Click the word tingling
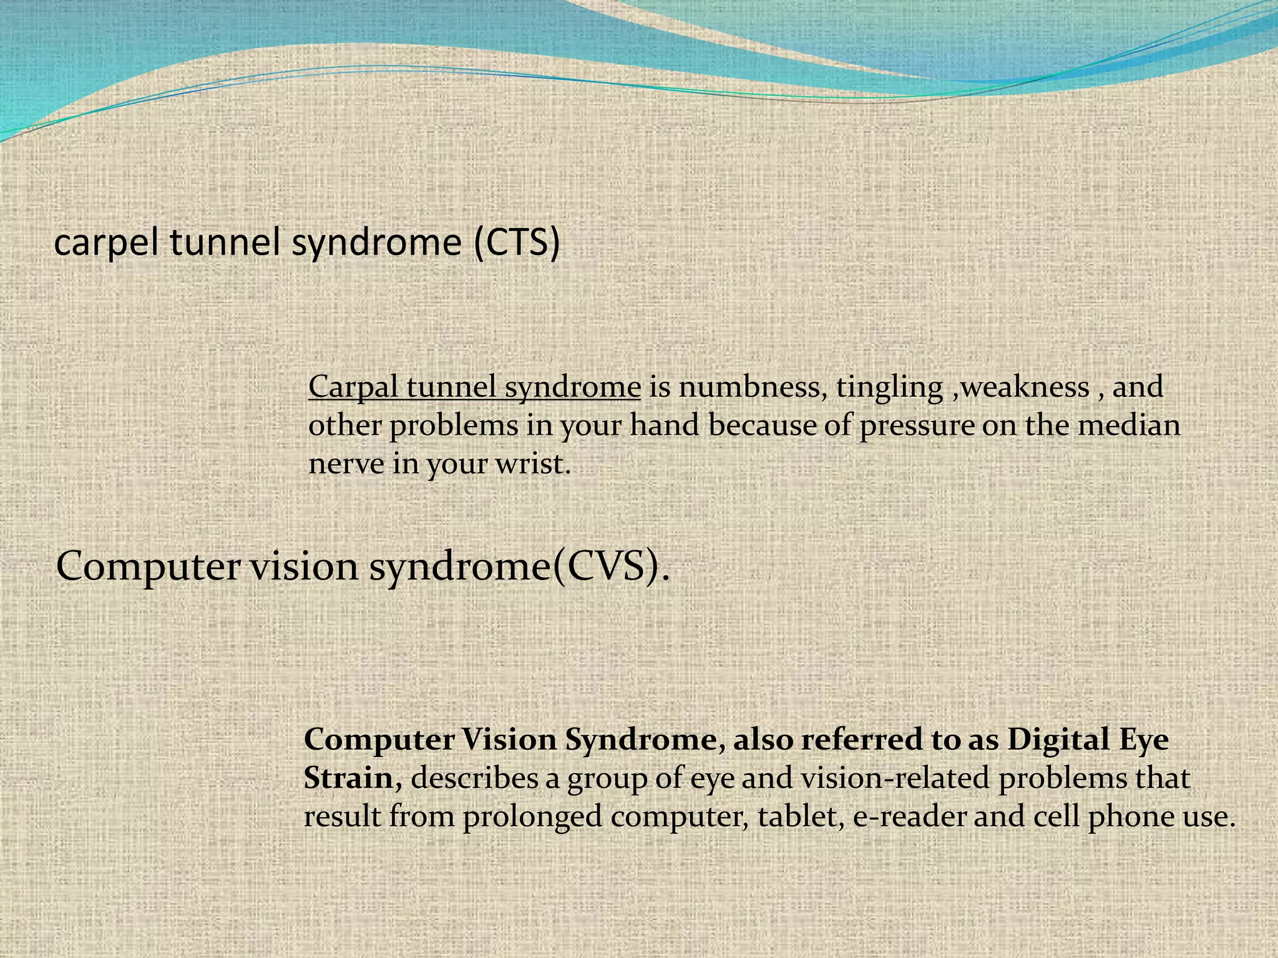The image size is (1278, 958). [x=889, y=388]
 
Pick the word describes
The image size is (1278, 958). [x=474, y=778]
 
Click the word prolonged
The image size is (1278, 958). [x=532, y=818]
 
